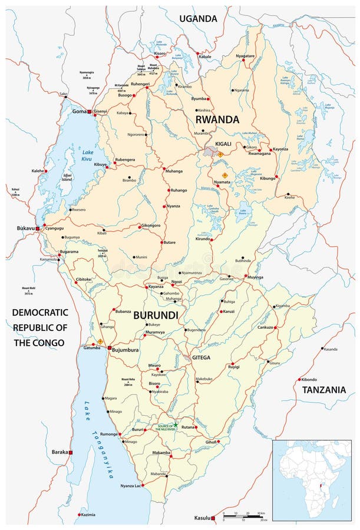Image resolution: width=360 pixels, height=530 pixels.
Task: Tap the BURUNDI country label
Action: coord(156,316)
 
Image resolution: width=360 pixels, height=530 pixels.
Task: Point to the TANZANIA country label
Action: coord(323,390)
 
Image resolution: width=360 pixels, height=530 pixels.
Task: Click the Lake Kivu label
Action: coord(87,157)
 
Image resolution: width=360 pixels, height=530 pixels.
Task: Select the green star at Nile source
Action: coord(176,425)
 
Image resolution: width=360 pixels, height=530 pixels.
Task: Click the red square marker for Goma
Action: coord(89,111)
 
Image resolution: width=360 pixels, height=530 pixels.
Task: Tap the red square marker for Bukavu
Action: coord(38,228)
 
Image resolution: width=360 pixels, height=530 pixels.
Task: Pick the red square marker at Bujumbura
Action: coord(108,349)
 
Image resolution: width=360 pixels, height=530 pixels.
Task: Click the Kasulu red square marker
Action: coord(213,518)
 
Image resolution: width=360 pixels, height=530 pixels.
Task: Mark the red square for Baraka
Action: coord(71,452)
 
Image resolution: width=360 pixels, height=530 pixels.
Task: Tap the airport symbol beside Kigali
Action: coord(220,154)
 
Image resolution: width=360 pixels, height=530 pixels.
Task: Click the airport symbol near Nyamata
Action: coord(224,175)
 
